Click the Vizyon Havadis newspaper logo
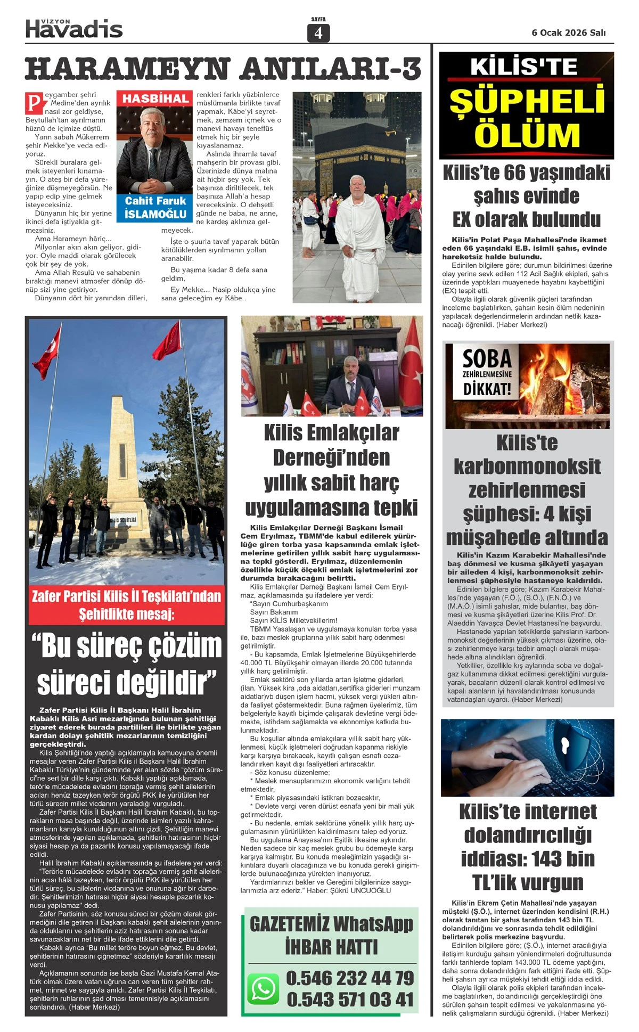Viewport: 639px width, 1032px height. click(74, 28)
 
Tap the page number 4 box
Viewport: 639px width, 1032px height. click(318, 33)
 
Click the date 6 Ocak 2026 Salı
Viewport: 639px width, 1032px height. click(569, 32)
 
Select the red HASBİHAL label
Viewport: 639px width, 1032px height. click(155, 99)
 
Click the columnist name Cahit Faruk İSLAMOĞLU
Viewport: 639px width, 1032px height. click(155, 208)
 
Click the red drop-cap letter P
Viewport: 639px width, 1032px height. click(34, 102)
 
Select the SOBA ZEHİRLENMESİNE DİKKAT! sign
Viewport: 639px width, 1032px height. click(487, 373)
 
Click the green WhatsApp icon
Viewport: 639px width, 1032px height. click(263, 988)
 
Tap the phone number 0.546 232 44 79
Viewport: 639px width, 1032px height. click(350, 978)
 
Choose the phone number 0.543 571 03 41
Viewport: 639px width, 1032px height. click(350, 999)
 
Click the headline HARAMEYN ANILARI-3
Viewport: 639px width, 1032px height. click(223, 69)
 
